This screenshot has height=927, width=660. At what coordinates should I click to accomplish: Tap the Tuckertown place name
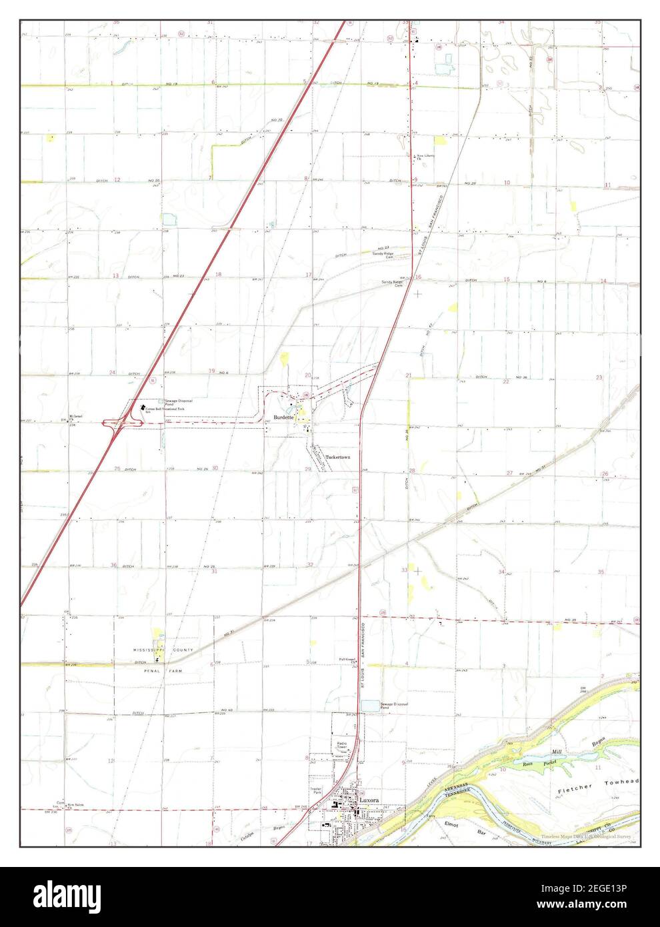click(x=337, y=457)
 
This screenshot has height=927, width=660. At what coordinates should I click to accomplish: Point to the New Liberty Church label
click(x=425, y=157)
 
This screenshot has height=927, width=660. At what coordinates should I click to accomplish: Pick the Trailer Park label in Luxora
click(x=316, y=792)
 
